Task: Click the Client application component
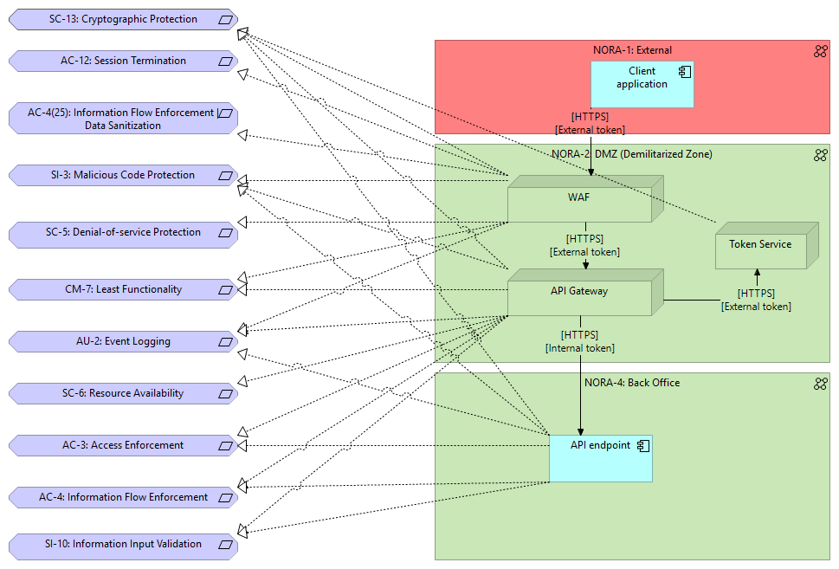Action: tap(642, 84)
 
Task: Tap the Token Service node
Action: tap(760, 249)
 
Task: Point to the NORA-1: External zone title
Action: tap(632, 50)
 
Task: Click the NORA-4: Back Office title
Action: tap(632, 383)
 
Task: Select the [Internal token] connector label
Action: tap(579, 348)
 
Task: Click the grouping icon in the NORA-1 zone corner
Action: tap(820, 51)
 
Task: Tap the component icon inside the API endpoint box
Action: tap(642, 445)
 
